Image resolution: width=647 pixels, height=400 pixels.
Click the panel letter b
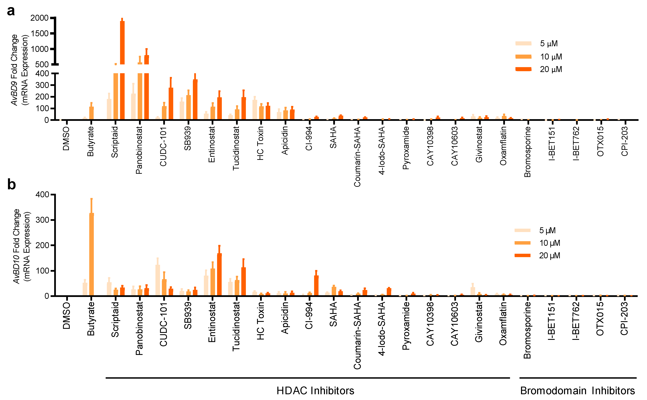[11, 184]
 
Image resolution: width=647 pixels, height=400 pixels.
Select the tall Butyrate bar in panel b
[91, 254]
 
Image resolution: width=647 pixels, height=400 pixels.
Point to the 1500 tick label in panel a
[40, 34]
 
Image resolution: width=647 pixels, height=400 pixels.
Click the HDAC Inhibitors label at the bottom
[315, 391]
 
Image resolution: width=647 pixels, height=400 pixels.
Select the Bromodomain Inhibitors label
[577, 391]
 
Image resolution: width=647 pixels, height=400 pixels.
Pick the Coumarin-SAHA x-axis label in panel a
[357, 157]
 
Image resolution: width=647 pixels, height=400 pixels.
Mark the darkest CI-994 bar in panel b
[316, 285]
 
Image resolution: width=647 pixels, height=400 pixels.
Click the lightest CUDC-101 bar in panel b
[157, 280]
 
